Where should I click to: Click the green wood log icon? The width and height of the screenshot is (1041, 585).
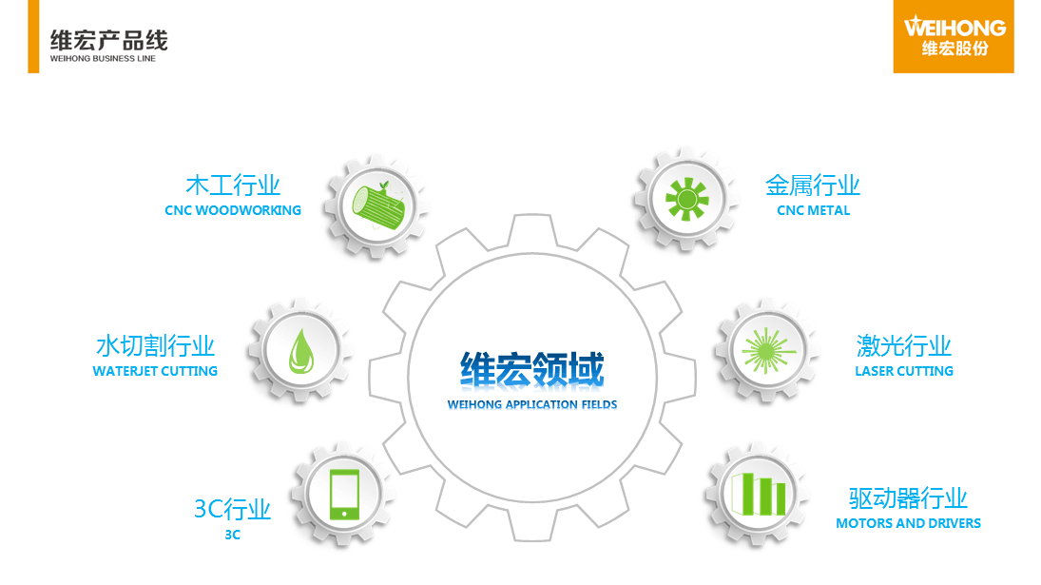click(377, 203)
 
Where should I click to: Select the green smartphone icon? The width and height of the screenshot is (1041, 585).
click(344, 495)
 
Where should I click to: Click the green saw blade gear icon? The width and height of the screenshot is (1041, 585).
click(687, 199)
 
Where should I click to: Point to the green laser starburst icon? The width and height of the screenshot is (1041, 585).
click(768, 351)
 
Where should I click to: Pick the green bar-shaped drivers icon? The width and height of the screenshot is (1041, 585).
click(758, 494)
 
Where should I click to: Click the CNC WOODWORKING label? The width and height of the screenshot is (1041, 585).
click(233, 210)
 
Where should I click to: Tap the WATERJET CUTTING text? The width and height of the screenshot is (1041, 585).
click(155, 371)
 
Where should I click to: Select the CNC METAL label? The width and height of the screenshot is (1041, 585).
click(813, 210)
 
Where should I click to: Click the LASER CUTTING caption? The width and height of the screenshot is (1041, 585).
click(904, 371)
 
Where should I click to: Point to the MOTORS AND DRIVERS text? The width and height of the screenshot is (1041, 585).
click(908, 523)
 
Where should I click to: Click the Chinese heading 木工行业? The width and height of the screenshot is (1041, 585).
click(233, 185)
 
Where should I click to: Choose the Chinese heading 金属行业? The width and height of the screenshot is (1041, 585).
click(813, 185)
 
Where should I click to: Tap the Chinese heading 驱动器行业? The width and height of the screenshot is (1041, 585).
click(908, 498)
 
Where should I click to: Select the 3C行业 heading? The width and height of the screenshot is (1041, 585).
click(232, 509)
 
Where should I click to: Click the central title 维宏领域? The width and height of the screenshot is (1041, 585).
click(532, 369)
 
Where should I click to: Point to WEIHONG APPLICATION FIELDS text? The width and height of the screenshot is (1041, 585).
click(532, 404)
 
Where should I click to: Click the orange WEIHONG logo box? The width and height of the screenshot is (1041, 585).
click(954, 36)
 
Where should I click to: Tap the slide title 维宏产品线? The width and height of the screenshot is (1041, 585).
click(109, 41)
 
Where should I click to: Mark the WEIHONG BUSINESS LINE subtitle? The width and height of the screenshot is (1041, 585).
click(103, 58)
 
